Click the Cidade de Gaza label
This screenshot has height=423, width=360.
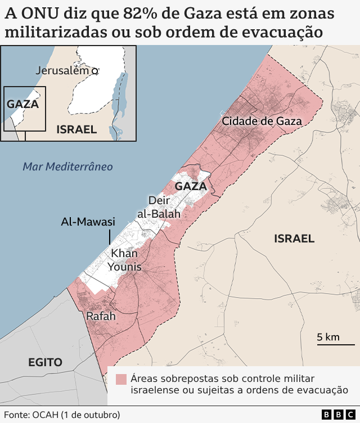click(262, 121)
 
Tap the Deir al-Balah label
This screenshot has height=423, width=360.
click(160, 207)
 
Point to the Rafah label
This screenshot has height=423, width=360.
click(101, 317)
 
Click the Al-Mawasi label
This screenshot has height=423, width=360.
click(88, 222)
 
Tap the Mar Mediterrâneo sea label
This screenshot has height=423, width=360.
click(67, 166)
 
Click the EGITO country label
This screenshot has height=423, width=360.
click(45, 362)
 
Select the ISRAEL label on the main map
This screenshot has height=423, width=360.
click(294, 238)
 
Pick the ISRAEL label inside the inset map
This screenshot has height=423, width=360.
click(76, 129)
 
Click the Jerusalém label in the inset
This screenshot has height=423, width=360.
click(62, 70)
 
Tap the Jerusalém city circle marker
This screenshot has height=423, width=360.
click(95, 71)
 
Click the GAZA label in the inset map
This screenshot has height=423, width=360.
click(22, 104)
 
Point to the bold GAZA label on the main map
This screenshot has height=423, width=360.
click(191, 186)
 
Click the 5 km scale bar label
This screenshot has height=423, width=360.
click(328, 337)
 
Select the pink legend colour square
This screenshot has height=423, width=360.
click(121, 379)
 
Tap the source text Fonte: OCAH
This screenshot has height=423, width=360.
click(62, 415)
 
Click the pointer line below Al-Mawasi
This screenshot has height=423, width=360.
click(110, 237)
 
